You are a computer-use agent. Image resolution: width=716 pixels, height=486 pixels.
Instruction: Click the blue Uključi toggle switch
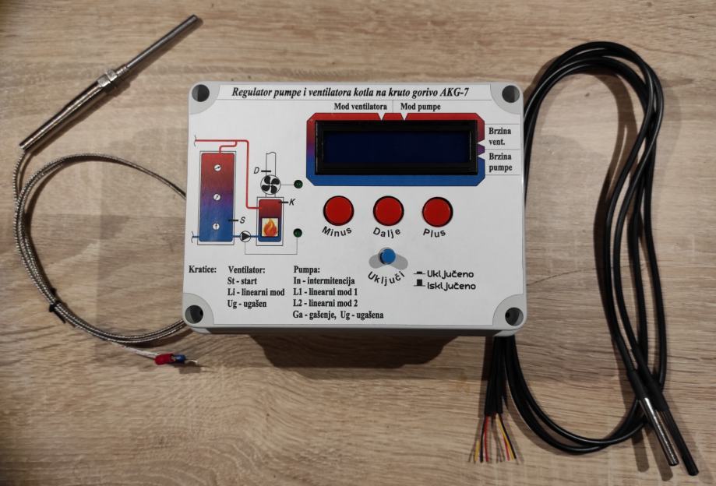(x=386, y=257)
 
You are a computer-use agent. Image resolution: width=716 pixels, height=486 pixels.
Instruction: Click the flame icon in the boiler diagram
(x=270, y=227)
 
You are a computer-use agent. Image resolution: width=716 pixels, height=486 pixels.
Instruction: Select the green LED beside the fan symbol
(x=298, y=185)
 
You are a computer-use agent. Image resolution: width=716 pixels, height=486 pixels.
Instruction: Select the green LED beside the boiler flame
(x=298, y=232)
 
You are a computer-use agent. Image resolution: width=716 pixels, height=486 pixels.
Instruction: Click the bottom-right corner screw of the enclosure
(x=513, y=316)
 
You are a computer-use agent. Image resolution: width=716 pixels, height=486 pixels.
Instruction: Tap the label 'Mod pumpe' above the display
(x=421, y=106)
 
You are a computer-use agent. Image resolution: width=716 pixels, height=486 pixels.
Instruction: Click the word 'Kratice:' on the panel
(x=203, y=269)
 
